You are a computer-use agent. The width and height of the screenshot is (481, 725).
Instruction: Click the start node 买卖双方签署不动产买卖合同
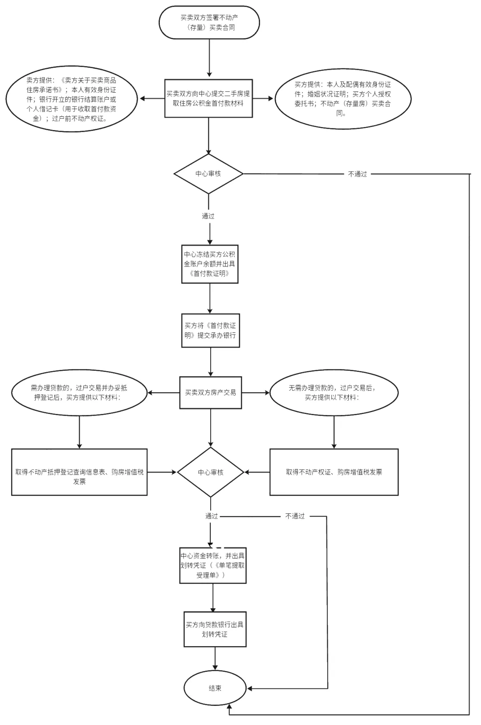click(x=209, y=22)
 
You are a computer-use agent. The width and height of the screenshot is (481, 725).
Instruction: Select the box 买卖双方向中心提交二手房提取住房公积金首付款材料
click(x=208, y=98)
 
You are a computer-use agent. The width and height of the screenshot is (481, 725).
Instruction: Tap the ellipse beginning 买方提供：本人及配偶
click(x=342, y=98)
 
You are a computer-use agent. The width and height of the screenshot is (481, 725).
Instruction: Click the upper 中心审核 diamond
click(x=208, y=174)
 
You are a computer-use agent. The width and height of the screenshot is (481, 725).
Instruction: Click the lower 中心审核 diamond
click(x=211, y=472)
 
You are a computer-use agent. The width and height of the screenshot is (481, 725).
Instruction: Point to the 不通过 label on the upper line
click(x=357, y=174)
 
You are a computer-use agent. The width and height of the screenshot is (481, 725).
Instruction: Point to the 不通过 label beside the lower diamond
click(x=295, y=516)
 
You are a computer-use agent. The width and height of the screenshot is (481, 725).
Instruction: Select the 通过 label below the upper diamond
click(x=208, y=216)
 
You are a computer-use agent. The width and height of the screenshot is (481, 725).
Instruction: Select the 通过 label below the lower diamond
click(x=212, y=516)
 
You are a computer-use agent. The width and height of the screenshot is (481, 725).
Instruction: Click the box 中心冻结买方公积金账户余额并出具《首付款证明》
click(x=210, y=264)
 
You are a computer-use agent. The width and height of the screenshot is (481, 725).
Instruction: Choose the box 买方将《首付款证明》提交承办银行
click(x=210, y=331)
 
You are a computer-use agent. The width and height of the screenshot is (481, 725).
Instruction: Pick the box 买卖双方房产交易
click(x=210, y=393)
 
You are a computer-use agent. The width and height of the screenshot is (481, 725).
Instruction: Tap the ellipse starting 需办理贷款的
click(x=79, y=393)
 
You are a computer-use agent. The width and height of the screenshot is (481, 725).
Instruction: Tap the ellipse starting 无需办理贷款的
click(x=334, y=393)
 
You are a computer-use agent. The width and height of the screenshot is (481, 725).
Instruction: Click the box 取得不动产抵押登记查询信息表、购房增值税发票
click(x=79, y=472)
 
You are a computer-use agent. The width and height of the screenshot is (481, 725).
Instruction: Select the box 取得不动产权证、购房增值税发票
click(x=334, y=472)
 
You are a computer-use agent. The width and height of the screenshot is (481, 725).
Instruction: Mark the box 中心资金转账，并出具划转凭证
click(x=213, y=565)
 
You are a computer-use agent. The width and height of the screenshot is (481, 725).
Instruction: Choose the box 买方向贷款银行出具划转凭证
click(x=215, y=629)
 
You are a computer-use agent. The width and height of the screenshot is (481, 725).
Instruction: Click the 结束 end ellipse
click(x=215, y=688)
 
